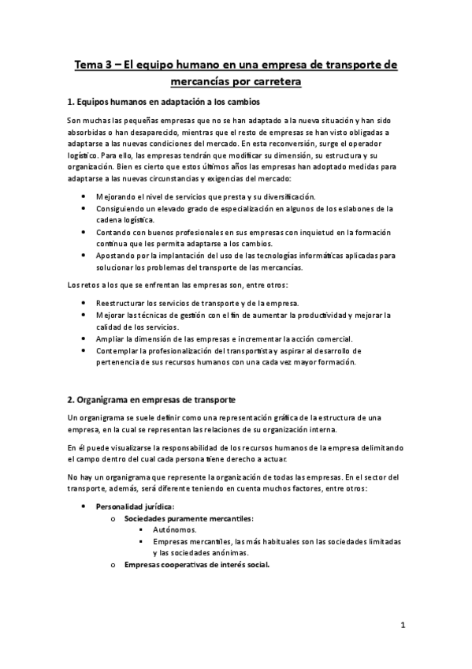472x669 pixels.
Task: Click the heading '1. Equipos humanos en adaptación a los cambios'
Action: pos(164,103)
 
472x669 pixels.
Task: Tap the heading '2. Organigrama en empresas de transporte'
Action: pos(151,401)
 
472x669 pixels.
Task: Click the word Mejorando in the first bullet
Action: pos(119,196)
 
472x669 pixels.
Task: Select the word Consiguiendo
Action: pos(125,208)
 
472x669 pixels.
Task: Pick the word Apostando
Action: pos(120,256)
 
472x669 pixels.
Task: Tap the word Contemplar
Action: pos(121,350)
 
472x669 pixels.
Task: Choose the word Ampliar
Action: pos(111,338)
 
